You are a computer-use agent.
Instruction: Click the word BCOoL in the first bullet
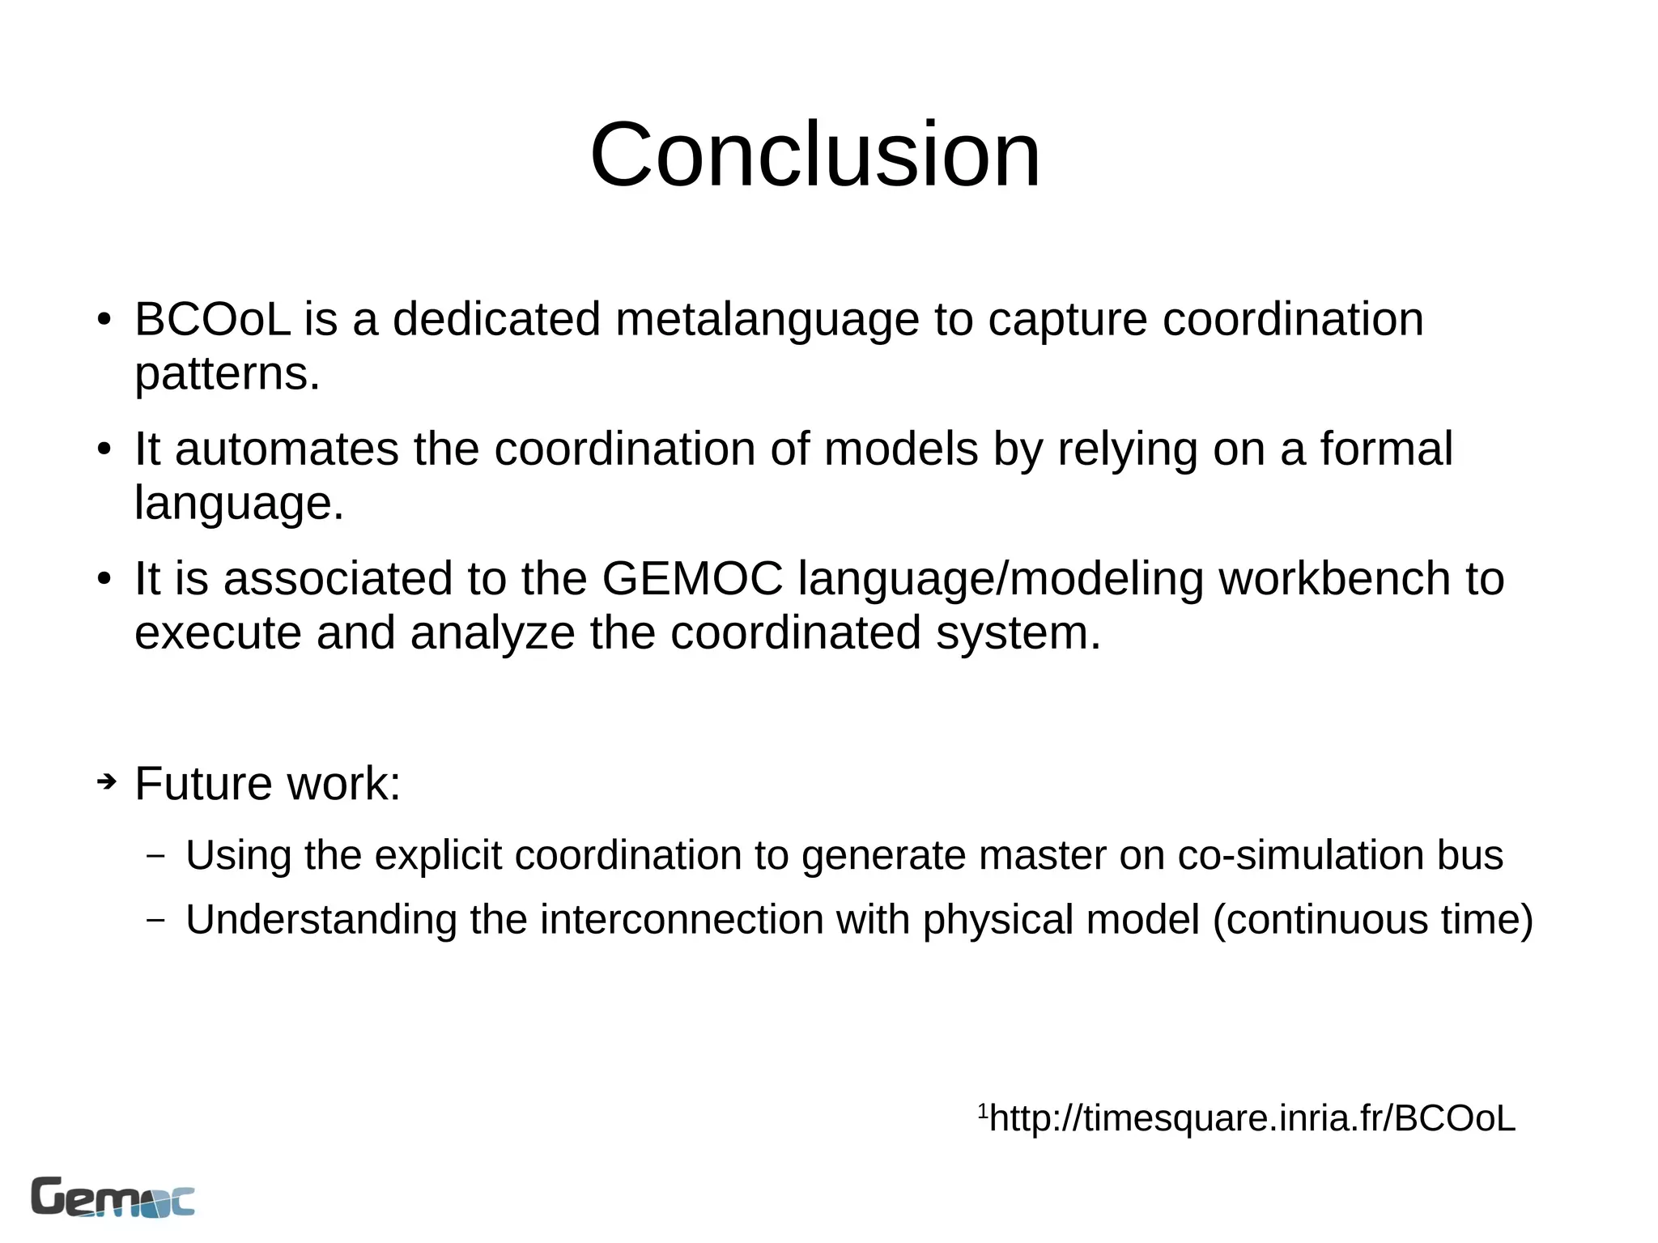tap(212, 319)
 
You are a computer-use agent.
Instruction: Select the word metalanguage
tap(767, 319)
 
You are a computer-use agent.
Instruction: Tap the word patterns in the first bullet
tap(227, 373)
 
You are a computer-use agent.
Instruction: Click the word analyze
tap(492, 632)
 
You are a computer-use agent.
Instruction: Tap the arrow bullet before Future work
tap(106, 782)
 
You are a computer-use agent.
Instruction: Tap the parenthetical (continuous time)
tap(1373, 920)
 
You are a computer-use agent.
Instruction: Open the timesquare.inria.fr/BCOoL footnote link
tap(1252, 1118)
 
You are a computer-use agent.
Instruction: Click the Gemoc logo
tap(113, 1197)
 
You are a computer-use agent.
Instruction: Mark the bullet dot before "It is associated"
tap(104, 580)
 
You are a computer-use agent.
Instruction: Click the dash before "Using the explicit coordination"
tap(156, 855)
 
